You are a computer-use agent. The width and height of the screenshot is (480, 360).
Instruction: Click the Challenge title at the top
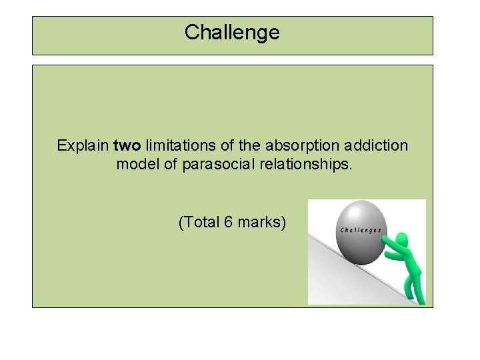click(232, 32)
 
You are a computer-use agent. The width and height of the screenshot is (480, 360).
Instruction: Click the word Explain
click(83, 145)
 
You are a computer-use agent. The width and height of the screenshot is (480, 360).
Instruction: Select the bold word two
click(127, 145)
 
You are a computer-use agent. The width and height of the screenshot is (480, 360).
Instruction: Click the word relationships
click(301, 164)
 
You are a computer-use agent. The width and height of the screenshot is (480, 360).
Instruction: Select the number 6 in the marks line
click(229, 223)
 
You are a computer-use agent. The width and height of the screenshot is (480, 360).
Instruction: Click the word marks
click(261, 223)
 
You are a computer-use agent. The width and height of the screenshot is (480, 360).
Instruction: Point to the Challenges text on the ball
click(361, 231)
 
